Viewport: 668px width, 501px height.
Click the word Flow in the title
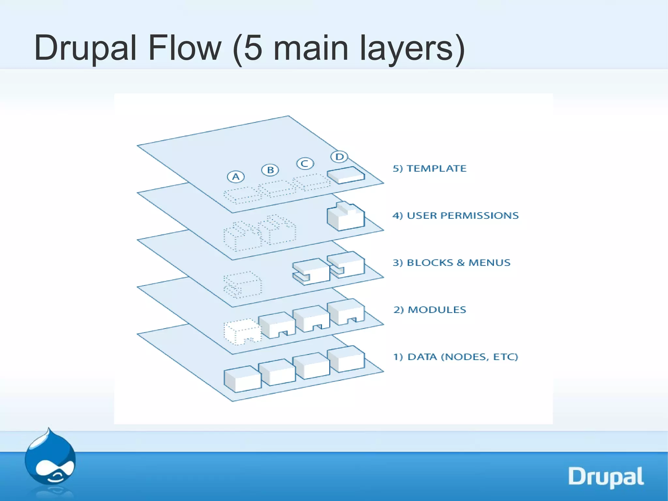pyautogui.click(x=185, y=48)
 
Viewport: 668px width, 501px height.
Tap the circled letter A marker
pyautogui.click(x=235, y=177)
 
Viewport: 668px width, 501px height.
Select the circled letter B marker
pyautogui.click(x=270, y=170)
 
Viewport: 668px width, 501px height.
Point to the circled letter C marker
pyautogui.click(x=305, y=163)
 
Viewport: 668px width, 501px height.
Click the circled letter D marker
pyautogui.click(x=339, y=157)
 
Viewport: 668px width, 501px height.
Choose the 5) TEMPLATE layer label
pyautogui.click(x=429, y=168)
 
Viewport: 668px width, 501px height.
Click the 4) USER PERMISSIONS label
pyautogui.click(x=455, y=215)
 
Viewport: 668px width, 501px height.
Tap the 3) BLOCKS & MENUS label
pyautogui.click(x=451, y=262)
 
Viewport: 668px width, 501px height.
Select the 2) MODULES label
pyautogui.click(x=430, y=309)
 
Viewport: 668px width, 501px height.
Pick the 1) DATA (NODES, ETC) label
pyautogui.click(x=455, y=357)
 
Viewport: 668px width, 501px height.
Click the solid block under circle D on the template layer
pyautogui.click(x=346, y=175)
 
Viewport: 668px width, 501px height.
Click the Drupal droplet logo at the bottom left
pyautogui.click(x=50, y=457)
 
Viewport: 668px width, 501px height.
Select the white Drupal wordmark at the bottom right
pyautogui.click(x=606, y=477)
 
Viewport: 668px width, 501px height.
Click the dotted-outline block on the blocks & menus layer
pyautogui.click(x=242, y=285)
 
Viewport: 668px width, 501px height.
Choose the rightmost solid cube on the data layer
pyautogui.click(x=346, y=359)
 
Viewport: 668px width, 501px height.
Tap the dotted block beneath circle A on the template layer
pyautogui.click(x=242, y=195)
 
